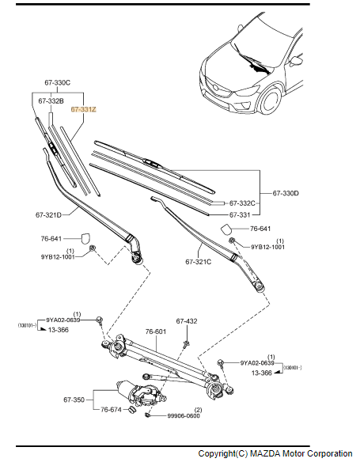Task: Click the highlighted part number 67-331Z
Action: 84,109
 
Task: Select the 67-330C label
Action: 58,82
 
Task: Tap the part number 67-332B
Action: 51,101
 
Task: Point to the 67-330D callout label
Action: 286,193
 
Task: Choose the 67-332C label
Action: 242,203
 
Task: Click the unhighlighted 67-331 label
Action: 240,214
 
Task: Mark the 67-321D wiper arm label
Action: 48,214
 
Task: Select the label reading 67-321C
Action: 199,262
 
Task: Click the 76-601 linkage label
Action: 156,332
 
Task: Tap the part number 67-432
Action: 187,321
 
